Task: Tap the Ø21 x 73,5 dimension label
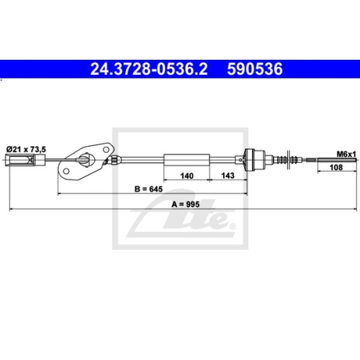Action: pyautogui.click(x=26, y=148)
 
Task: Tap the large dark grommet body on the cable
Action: pyautogui.click(x=253, y=159)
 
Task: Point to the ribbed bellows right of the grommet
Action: pyautogui.click(x=289, y=159)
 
